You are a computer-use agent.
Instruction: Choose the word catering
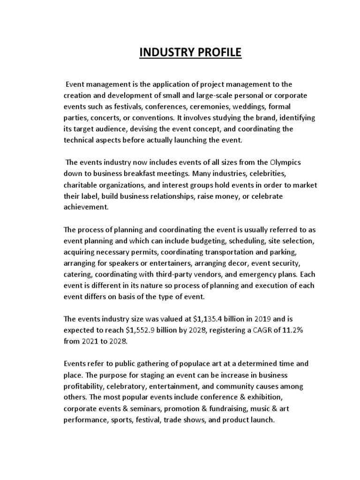78,274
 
